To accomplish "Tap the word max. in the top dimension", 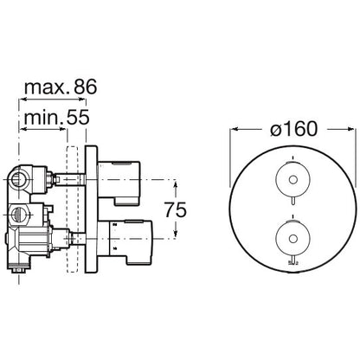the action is (47, 87).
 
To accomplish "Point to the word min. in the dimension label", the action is (43, 118).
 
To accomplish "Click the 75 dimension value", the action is (176, 209).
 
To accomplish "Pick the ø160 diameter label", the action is (293, 129).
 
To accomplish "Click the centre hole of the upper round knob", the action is (292, 180).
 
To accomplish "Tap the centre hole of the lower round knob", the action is (292, 239).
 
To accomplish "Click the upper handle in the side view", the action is (119, 183).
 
